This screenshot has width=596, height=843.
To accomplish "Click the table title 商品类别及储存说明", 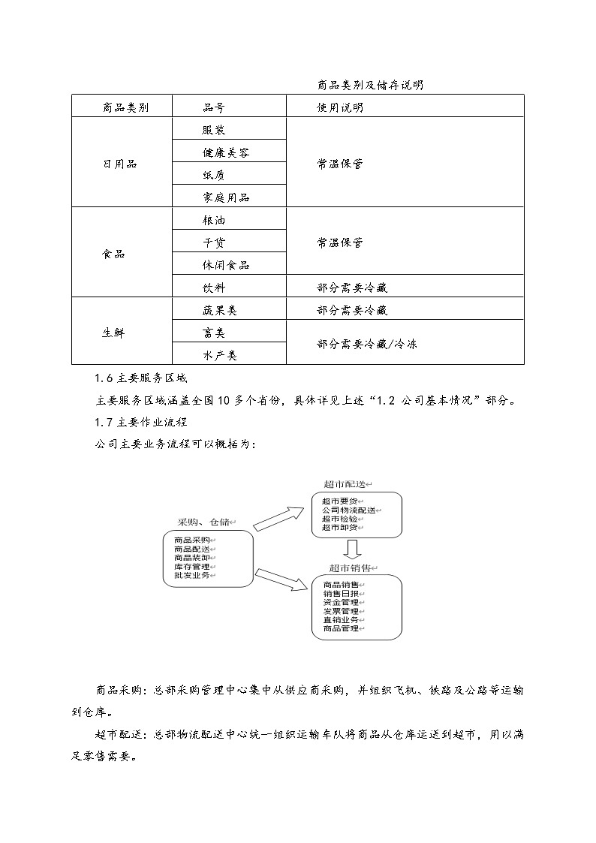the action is pos(370,85).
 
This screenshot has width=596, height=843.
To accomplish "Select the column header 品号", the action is pos(214,107).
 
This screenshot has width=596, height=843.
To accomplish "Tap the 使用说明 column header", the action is pos(340,107).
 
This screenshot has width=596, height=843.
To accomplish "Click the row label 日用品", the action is pos(120,164).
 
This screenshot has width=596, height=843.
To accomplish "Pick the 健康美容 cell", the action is pos(226,152).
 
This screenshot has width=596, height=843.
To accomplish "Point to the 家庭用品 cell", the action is pos(226,197).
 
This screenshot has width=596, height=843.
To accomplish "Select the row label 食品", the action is pos(114,254).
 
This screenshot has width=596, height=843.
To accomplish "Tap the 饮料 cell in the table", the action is pos(214,288).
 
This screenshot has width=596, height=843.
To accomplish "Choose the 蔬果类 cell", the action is pos(220,310).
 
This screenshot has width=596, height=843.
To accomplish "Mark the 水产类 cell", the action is pos(220,355).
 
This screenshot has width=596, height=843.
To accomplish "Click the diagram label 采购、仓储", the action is pos(204,522).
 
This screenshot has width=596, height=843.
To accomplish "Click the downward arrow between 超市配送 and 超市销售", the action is pos(353,549).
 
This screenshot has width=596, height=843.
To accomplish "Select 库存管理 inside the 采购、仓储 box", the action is pos(192,567).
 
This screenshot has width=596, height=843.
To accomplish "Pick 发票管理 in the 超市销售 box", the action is pos(341,611).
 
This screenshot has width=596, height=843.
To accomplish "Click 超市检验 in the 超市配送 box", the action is pos(340,519).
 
